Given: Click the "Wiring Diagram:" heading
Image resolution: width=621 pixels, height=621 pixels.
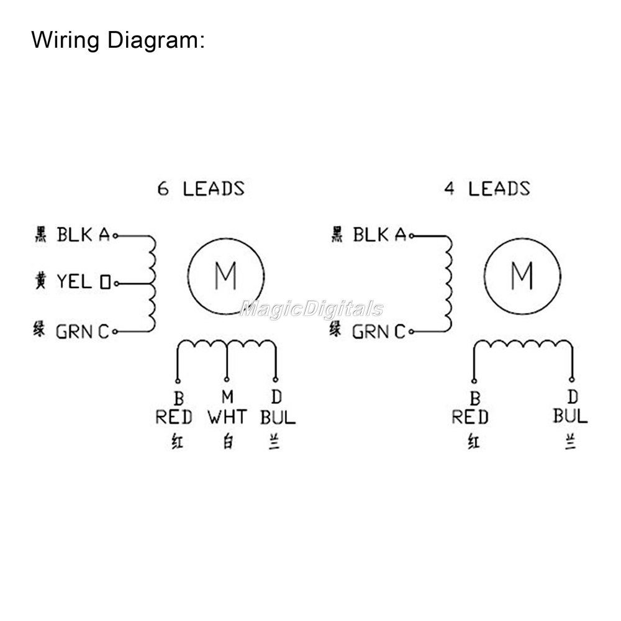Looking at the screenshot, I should [117, 41].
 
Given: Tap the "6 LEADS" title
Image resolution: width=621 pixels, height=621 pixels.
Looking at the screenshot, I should [200, 188].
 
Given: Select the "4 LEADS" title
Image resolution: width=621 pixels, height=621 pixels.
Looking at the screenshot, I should [487, 188].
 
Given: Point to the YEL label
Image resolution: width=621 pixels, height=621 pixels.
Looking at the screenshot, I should [75, 282].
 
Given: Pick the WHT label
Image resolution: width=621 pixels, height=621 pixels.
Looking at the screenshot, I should [227, 417].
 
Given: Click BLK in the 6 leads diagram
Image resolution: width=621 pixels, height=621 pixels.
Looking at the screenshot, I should [75, 235].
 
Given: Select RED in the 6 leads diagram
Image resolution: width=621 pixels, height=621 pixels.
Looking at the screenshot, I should [174, 417].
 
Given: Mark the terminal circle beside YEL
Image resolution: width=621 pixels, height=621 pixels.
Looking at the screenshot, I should [116, 283].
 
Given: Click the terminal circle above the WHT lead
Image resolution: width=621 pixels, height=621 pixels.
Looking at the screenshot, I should [227, 379].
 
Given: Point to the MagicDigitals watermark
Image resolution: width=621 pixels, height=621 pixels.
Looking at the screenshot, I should [310, 309].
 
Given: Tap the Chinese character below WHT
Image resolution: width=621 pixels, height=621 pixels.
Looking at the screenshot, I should [228, 443].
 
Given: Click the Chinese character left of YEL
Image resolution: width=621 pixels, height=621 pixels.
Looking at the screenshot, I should [39, 281].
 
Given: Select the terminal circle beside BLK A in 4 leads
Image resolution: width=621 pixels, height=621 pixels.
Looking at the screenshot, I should [412, 236].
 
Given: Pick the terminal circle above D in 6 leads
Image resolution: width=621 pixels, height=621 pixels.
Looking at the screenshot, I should [275, 379].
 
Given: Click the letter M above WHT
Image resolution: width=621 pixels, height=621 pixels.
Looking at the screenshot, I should [227, 396].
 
